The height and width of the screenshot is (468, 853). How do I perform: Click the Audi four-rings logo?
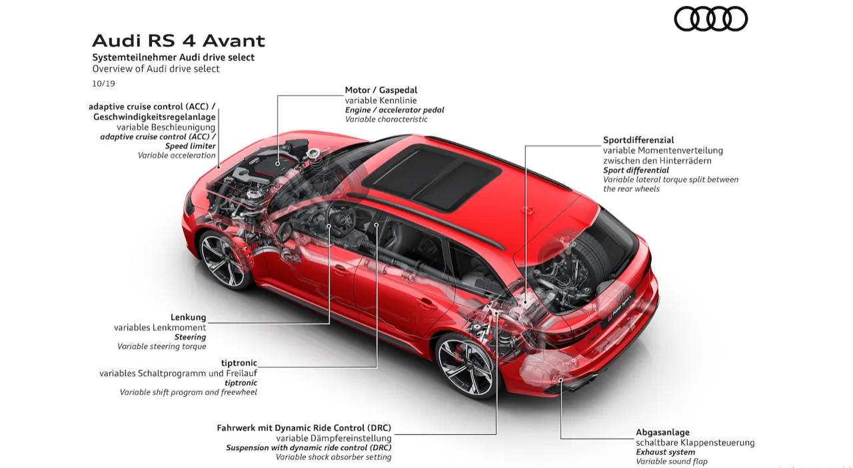(710, 19)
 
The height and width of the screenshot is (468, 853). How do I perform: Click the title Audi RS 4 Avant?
(178, 41)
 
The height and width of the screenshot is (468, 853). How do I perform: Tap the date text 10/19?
(103, 84)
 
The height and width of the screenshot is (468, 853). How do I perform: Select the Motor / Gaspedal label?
(381, 90)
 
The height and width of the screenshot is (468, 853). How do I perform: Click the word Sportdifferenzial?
(638, 140)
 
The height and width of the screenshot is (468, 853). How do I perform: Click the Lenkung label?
(188, 318)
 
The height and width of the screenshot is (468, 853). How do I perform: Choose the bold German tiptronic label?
(239, 363)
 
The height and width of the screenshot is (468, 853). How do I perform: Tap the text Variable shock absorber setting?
(333, 457)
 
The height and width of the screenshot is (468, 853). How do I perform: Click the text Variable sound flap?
(672, 461)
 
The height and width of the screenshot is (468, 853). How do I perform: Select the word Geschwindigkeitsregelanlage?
(154, 117)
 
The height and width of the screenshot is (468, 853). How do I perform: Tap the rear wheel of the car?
(465, 365)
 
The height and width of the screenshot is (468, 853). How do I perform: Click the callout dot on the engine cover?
(278, 164)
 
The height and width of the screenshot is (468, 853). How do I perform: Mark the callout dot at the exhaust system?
(560, 379)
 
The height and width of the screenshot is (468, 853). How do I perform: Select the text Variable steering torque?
(161, 347)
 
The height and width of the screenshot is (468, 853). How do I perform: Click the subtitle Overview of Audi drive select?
(156, 69)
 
